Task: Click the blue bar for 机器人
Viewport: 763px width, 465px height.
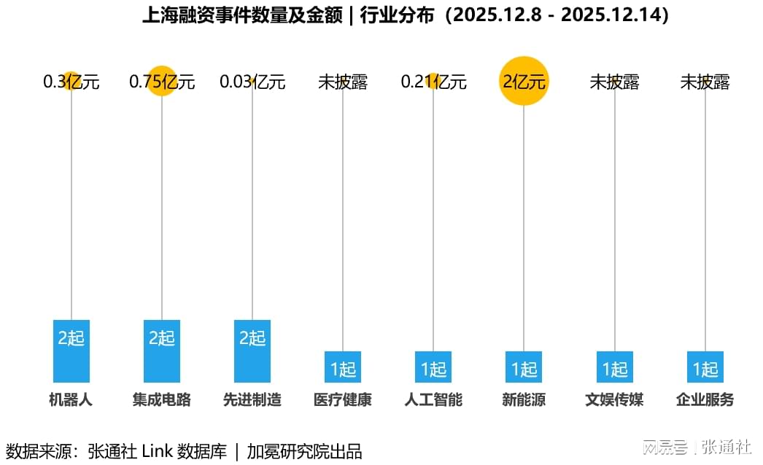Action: click(x=71, y=351)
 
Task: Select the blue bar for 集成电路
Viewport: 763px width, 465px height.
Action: click(x=162, y=351)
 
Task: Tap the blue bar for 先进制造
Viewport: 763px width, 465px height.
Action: click(x=252, y=351)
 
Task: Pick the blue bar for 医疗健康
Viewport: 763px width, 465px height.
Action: click(x=343, y=367)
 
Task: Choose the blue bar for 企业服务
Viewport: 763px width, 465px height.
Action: click(x=705, y=367)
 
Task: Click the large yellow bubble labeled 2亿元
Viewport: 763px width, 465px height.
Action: click(x=524, y=81)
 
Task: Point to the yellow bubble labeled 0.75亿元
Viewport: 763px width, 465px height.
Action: click(x=162, y=81)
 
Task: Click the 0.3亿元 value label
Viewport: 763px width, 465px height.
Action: click(x=71, y=82)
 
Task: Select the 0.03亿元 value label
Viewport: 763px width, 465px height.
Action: click(x=252, y=82)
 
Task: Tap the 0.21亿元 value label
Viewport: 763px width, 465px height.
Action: click(x=433, y=82)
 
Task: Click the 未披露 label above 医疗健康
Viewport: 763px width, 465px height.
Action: click(x=343, y=82)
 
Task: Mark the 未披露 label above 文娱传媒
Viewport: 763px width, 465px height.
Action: click(x=614, y=82)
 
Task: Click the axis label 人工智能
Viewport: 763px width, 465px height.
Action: click(x=433, y=399)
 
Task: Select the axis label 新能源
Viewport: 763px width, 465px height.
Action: click(x=524, y=399)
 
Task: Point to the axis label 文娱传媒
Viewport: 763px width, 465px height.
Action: click(x=614, y=399)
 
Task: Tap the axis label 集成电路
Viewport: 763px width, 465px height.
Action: click(x=162, y=399)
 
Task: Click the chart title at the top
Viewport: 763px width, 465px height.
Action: click(x=406, y=15)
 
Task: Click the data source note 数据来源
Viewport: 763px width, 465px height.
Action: click(x=184, y=450)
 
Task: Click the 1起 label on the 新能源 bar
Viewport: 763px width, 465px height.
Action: click(x=524, y=369)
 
